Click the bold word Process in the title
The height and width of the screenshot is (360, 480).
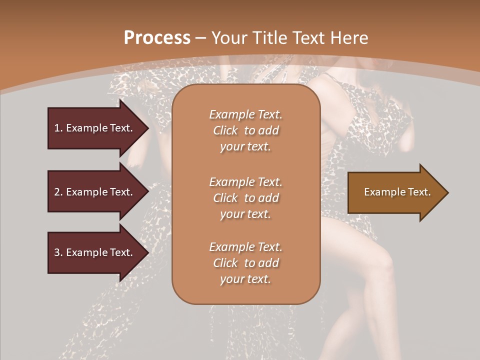tap(157, 38)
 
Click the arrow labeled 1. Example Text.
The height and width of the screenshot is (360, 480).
tap(95, 128)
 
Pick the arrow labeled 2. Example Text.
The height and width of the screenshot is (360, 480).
tap(95, 192)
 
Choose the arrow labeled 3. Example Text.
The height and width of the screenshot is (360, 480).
tap(95, 252)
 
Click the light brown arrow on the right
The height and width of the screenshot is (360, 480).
tap(395, 192)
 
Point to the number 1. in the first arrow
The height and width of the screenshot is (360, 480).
tap(58, 128)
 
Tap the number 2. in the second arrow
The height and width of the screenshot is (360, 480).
tap(58, 192)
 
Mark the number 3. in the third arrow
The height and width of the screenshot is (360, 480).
tap(58, 252)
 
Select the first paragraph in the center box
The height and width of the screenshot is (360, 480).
tap(245, 130)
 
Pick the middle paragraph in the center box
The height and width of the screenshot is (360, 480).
tap(245, 198)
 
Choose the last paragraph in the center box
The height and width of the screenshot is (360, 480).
tap(245, 263)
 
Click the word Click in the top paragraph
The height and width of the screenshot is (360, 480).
tap(225, 130)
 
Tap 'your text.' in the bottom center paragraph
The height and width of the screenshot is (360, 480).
tap(245, 279)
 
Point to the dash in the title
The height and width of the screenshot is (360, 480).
tap(200, 38)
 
